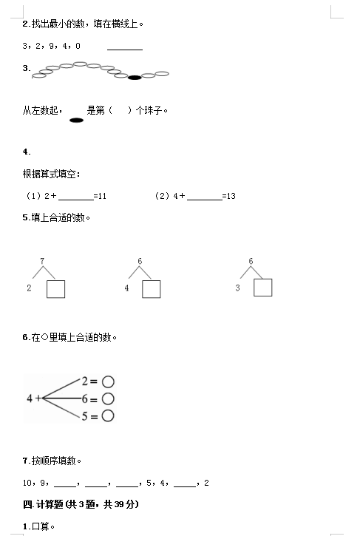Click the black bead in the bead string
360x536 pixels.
click(135, 78)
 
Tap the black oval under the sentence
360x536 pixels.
click(76, 120)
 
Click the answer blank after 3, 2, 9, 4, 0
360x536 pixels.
click(125, 50)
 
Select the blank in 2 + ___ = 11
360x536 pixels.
click(76, 200)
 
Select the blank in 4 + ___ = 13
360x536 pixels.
click(205, 200)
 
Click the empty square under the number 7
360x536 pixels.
click(55, 289)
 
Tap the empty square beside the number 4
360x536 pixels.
click(151, 289)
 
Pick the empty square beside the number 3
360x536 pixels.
click(263, 288)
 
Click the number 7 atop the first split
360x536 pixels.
click(42, 261)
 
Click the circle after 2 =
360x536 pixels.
click(108, 381)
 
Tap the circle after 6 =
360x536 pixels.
click(108, 398)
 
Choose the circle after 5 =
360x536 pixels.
click(108, 415)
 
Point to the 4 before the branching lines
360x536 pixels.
click(30, 398)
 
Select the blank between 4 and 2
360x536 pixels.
click(185, 486)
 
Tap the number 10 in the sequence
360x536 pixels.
click(27, 483)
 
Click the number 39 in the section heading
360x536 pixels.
click(119, 504)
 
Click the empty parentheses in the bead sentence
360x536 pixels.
click(120, 110)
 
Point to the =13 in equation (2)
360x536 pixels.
click(228, 196)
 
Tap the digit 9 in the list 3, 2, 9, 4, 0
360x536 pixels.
click(51, 46)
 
